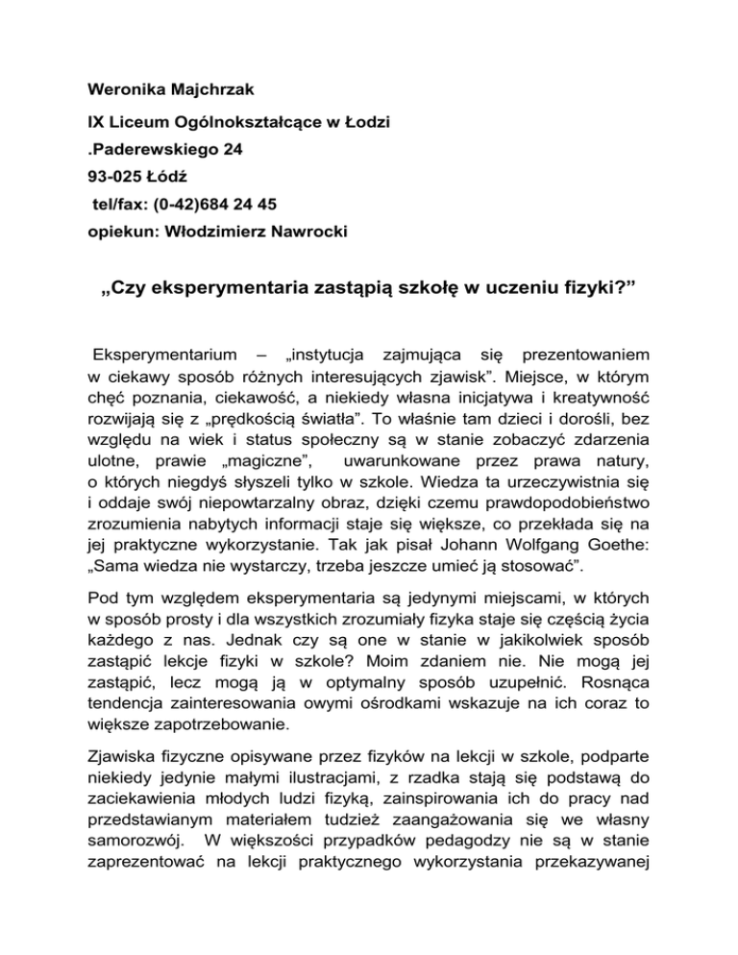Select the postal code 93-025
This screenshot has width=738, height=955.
111,178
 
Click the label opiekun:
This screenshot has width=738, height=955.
115,231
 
